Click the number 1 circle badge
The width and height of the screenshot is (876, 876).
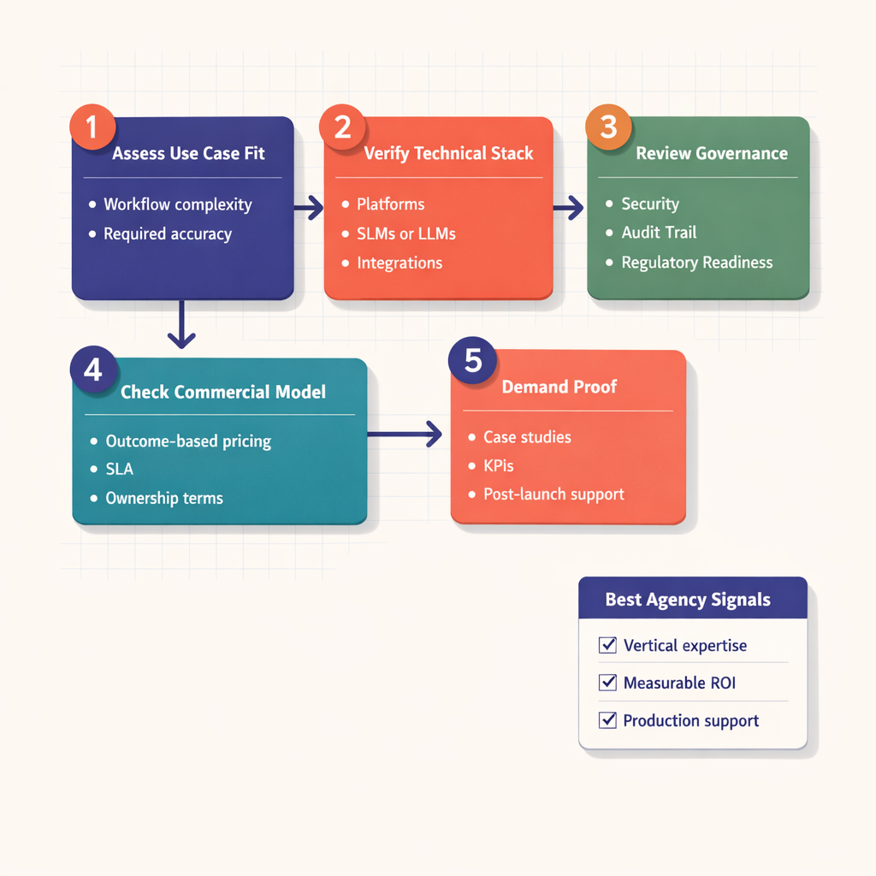[x=92, y=127]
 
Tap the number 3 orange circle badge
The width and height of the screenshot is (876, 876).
[x=608, y=127]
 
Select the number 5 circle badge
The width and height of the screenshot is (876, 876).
[x=472, y=360]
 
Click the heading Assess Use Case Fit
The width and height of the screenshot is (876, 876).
[x=189, y=154]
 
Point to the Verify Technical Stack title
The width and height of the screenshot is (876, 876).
[x=448, y=154]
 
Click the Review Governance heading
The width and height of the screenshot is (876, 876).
[x=712, y=154]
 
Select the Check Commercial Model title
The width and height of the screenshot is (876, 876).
[x=223, y=393]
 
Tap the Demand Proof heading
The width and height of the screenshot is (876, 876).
[x=559, y=387]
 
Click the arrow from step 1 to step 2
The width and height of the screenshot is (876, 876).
[x=309, y=206]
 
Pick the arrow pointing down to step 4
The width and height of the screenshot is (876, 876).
[x=181, y=325]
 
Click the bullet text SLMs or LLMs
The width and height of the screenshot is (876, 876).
[x=406, y=234]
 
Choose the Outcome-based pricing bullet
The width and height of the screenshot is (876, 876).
[x=188, y=441]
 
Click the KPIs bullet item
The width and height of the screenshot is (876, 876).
[x=499, y=466]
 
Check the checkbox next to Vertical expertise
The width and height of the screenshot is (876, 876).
[x=608, y=645]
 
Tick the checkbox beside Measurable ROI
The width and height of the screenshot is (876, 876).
[x=608, y=683]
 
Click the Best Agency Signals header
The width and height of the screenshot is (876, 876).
[x=688, y=600]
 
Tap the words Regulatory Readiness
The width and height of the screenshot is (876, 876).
[x=696, y=263]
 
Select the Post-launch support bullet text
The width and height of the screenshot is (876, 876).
[x=553, y=494]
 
